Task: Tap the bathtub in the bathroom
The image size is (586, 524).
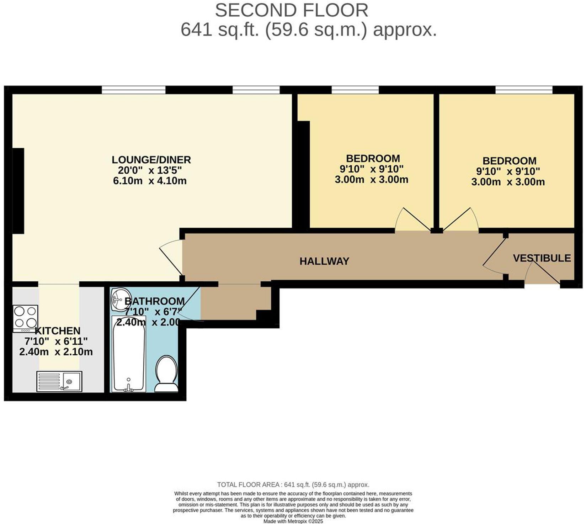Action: (x=129, y=354)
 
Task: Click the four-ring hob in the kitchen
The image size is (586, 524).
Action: (x=25, y=318)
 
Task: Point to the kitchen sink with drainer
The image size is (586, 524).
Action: (x=59, y=381)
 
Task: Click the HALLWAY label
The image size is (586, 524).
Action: (x=324, y=261)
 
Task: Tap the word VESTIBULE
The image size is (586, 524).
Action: (x=542, y=258)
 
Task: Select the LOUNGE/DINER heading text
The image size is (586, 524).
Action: (x=151, y=159)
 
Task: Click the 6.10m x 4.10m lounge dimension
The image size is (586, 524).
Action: (x=150, y=181)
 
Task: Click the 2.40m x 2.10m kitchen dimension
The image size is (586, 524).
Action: (x=56, y=352)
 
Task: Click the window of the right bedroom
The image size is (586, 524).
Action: (x=524, y=90)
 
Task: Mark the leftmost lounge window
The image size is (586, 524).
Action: (x=134, y=90)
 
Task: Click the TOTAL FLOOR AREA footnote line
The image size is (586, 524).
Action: (x=293, y=485)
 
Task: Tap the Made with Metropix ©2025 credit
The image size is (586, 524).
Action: (x=293, y=521)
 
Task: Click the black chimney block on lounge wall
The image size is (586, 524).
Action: (x=18, y=191)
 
